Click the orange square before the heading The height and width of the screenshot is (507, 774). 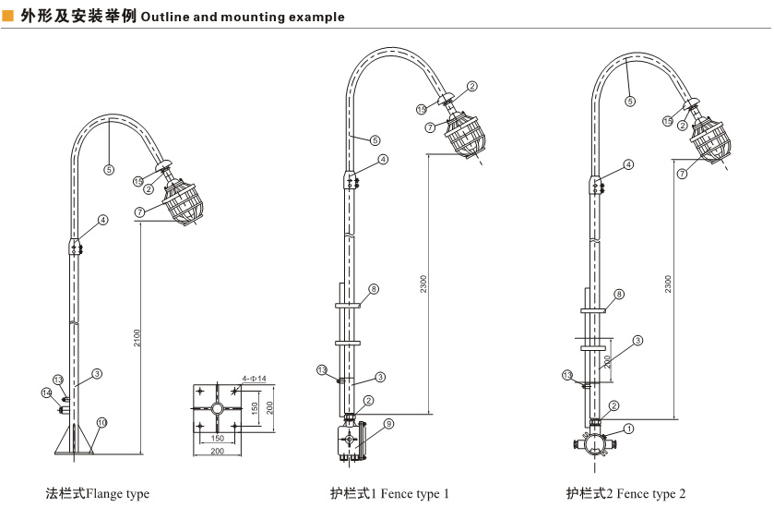pyautogui.click(x=7, y=17)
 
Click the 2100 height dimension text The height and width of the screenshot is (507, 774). pyautogui.click(x=136, y=340)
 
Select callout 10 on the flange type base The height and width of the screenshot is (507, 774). pyautogui.click(x=102, y=422)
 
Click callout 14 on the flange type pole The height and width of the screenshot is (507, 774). pyautogui.click(x=45, y=392)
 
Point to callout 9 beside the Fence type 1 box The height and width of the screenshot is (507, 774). pyautogui.click(x=388, y=423)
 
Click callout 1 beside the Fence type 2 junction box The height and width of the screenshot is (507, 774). pyautogui.click(x=628, y=429)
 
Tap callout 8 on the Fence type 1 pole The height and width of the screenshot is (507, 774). pyautogui.click(x=374, y=289)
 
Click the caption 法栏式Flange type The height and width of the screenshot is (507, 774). pyautogui.click(x=98, y=494)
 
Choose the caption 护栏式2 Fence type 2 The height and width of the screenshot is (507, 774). pyautogui.click(x=625, y=494)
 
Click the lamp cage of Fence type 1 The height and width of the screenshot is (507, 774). pyautogui.click(x=468, y=133)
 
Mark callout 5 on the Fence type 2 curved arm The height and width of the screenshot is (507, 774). pyautogui.click(x=630, y=102)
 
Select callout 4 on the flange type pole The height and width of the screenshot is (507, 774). pyautogui.click(x=103, y=220)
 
